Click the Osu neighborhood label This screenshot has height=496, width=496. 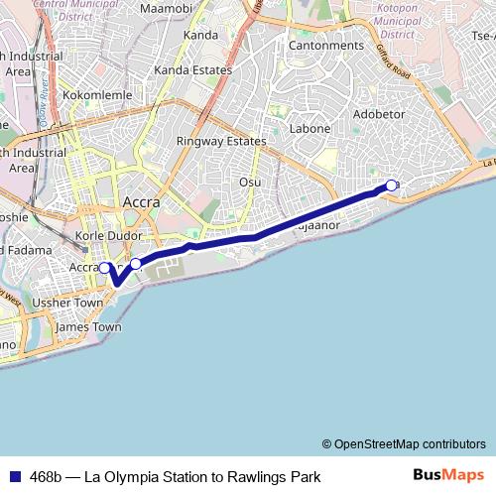coord(249,182)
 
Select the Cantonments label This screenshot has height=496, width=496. coord(324,46)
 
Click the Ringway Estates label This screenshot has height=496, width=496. coord(221,141)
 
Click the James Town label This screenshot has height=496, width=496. coord(88,326)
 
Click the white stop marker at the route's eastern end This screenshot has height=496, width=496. coord(392,185)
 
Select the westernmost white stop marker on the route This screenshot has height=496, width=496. coord(104,267)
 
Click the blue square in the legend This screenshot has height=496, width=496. coord(13,477)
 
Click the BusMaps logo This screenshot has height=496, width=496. coord(449,475)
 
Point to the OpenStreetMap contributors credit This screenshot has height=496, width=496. coord(410,443)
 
